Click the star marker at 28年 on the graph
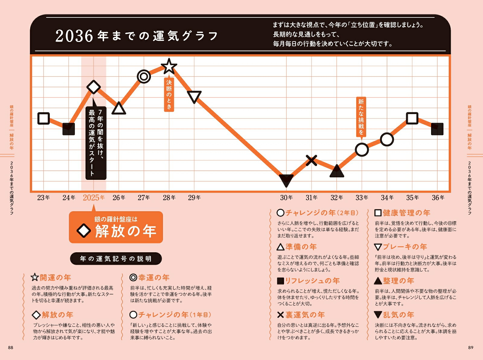[x=169, y=66]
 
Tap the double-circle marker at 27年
[x=144, y=76]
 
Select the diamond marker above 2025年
[x=94, y=87]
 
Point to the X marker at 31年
[x=311, y=160]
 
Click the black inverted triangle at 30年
[x=286, y=180]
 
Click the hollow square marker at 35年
[x=412, y=118]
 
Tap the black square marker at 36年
[x=437, y=129]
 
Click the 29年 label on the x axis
[x=194, y=198]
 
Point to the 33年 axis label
[x=362, y=198]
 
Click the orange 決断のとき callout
[x=169, y=94]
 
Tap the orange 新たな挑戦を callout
[x=361, y=116]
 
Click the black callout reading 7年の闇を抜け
[x=96, y=143]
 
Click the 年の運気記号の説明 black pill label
[x=116, y=259]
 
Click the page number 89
[x=471, y=348]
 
